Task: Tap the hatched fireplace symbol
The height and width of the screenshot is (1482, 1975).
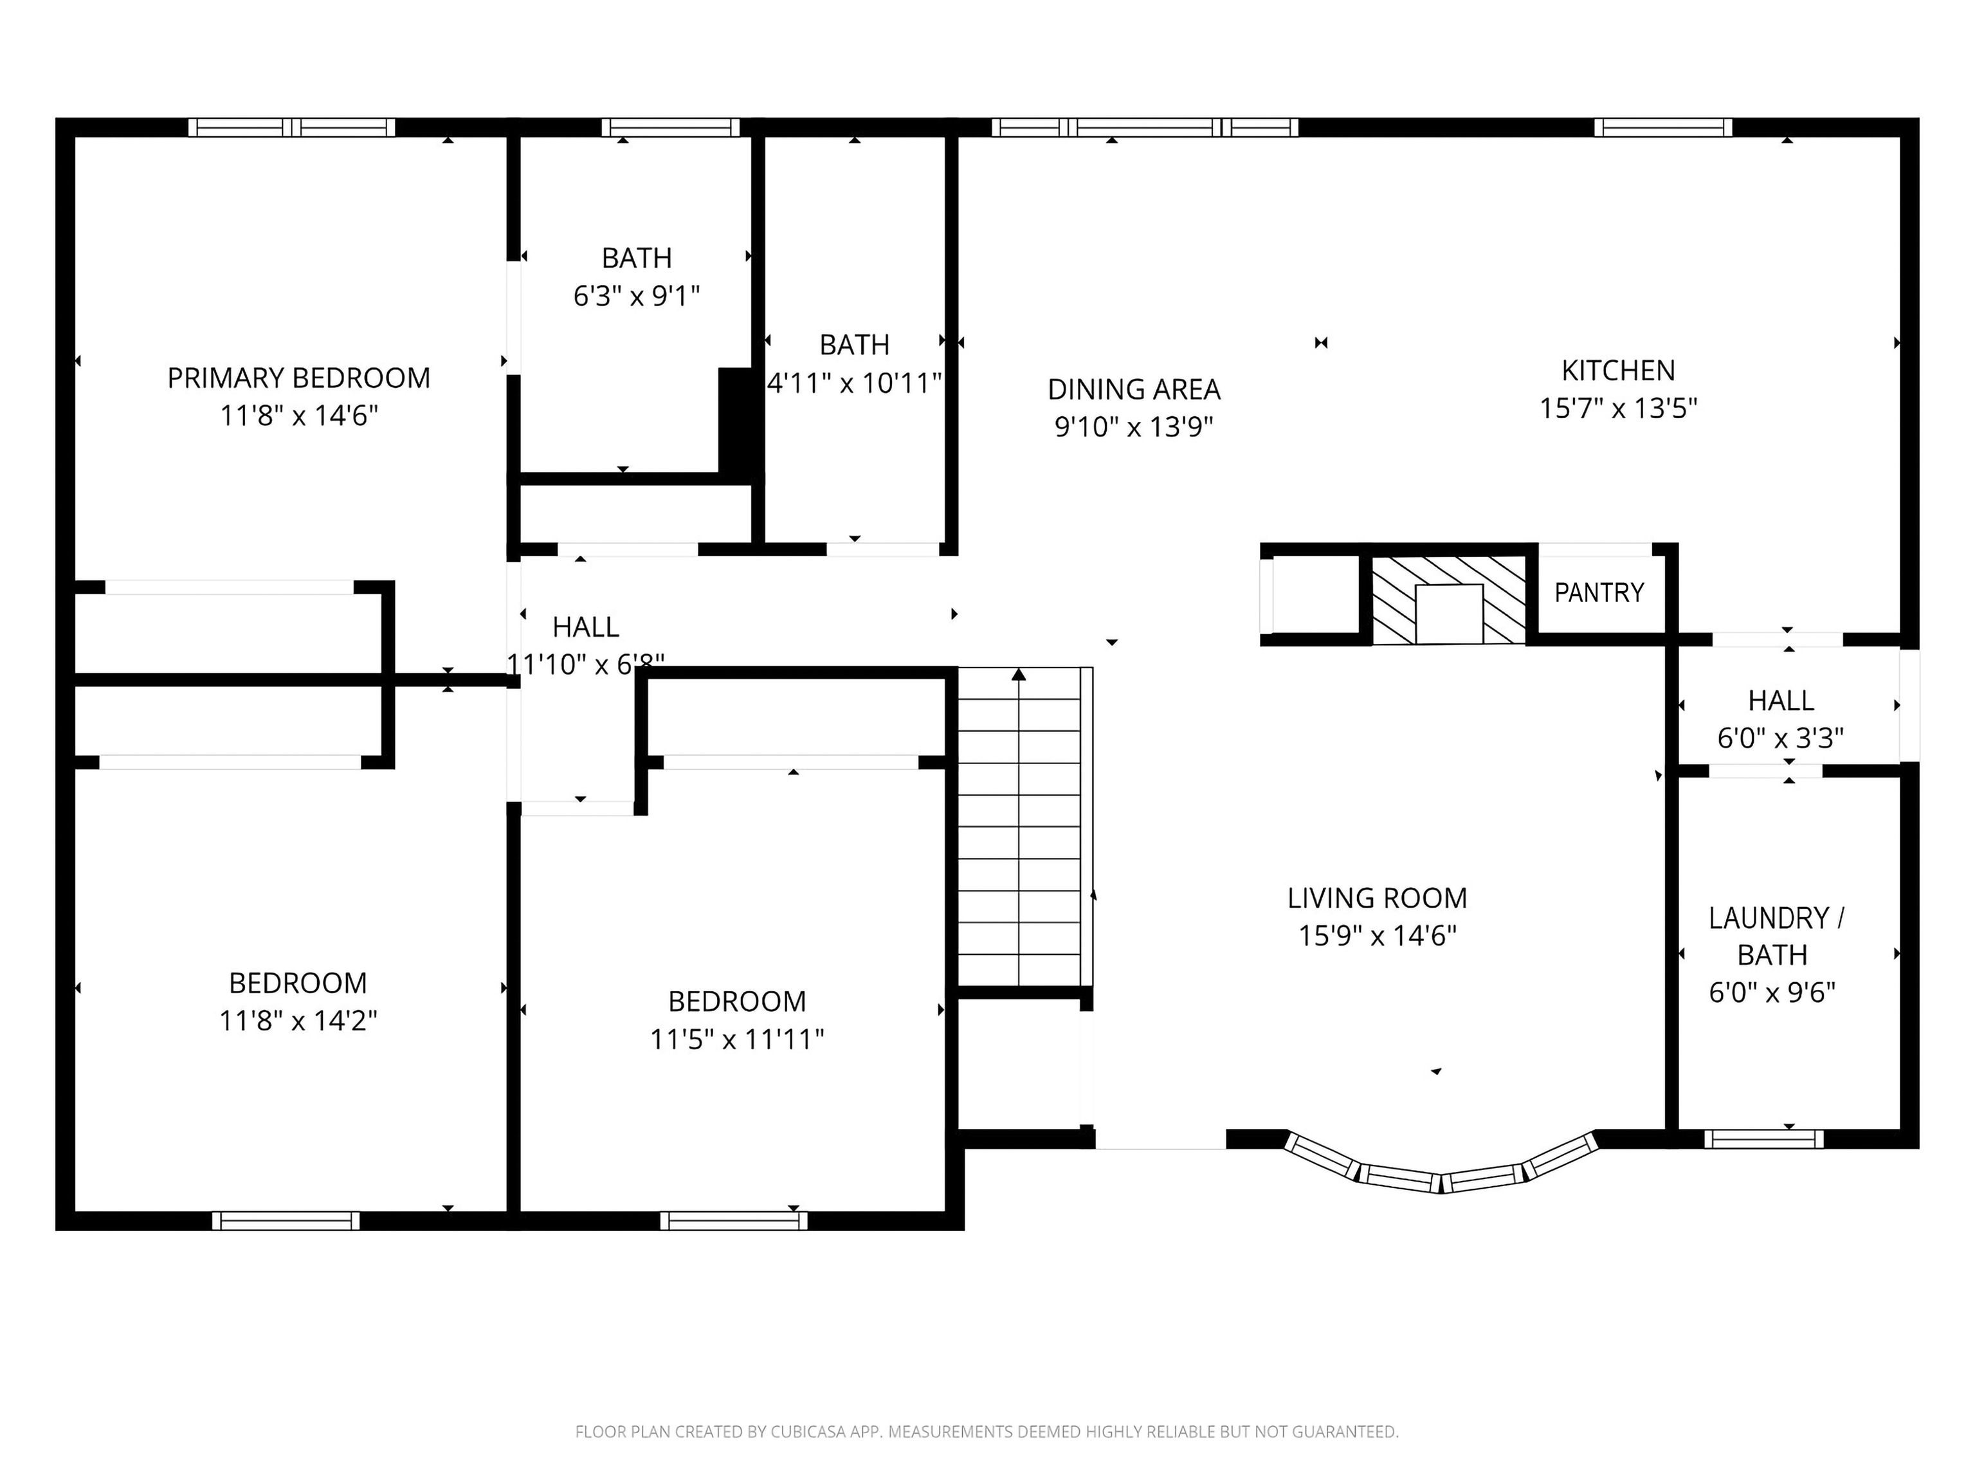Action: click(x=1448, y=600)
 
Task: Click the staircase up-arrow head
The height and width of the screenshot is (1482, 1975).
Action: click(x=1019, y=675)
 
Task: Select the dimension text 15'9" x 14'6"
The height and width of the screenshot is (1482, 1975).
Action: click(x=1377, y=936)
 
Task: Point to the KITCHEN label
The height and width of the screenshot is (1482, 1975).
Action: click(x=1618, y=370)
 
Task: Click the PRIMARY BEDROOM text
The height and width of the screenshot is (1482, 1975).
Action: click(x=298, y=378)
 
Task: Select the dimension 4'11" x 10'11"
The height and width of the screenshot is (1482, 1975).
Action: click(x=855, y=383)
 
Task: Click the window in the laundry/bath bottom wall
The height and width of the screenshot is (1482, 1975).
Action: click(x=1763, y=1139)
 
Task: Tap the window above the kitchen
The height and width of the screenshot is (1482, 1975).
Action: click(x=1662, y=127)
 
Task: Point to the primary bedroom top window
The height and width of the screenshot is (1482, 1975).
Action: click(x=291, y=127)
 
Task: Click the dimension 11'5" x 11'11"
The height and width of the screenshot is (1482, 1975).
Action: click(x=736, y=1039)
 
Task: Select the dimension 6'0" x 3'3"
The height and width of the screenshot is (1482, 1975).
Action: click(x=1780, y=738)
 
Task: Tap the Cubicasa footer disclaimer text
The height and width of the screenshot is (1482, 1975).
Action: click(x=987, y=1431)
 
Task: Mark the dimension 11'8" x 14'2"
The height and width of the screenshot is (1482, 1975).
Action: click(x=298, y=1020)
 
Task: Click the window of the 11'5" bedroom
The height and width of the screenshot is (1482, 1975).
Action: click(x=733, y=1220)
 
